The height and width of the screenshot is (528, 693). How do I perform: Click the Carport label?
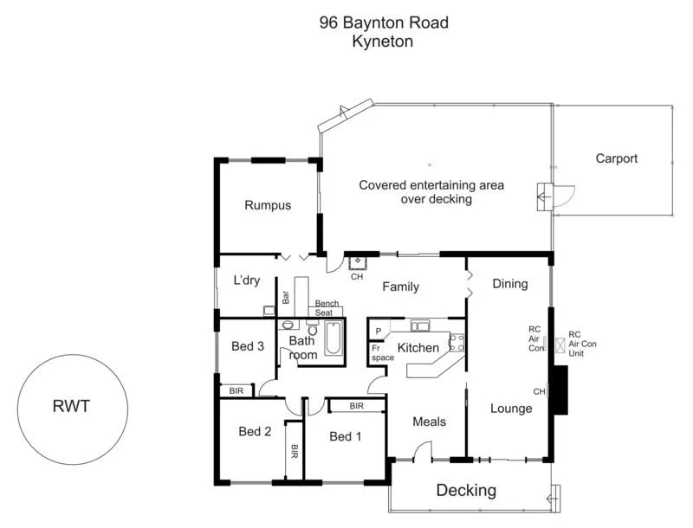pos(616,158)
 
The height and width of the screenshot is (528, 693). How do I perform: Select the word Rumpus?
pos(267,206)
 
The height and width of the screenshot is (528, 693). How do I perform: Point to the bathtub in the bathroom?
pos(334,340)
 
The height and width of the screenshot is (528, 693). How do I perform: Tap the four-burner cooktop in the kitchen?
pos(457,342)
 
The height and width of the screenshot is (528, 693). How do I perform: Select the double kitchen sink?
pos(421,326)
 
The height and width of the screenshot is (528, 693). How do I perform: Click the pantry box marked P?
pos(379,332)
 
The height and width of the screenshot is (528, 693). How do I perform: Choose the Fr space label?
pos(382,352)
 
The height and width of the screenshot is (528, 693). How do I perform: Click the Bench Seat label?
pos(327,308)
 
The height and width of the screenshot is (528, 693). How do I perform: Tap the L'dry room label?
pos(247,281)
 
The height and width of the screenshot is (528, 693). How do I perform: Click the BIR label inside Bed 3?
pos(236,391)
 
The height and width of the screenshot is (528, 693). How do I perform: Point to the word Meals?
pos(429,422)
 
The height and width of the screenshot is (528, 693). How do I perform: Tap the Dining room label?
pos(509,284)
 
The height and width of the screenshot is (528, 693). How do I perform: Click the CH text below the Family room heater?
pos(356,277)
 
